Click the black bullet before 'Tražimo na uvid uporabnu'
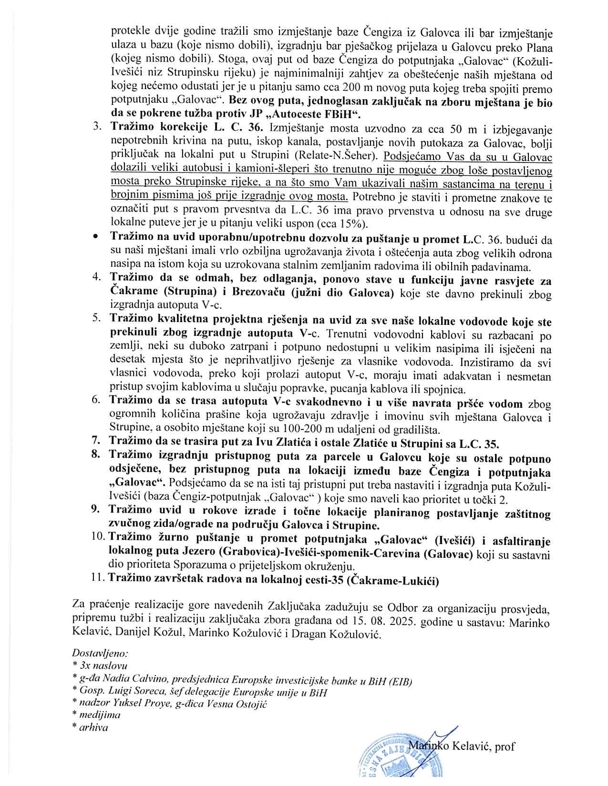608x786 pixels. (96, 236)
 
